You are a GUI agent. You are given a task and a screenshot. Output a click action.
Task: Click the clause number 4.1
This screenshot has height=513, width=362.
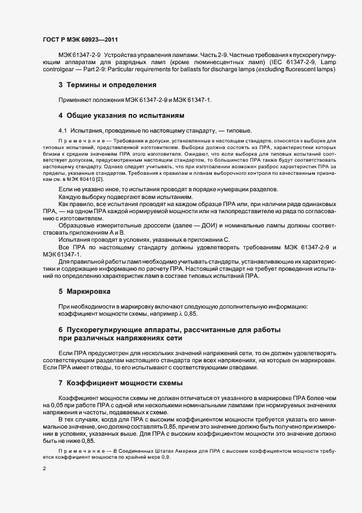62,131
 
